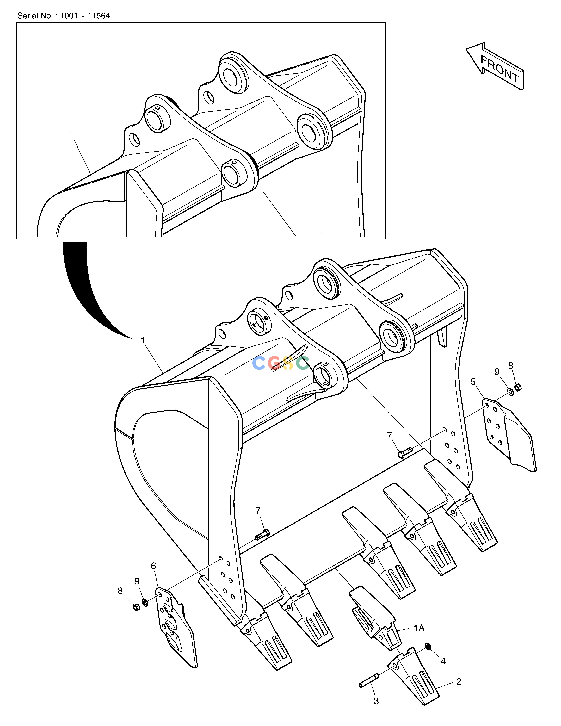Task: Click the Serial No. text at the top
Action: [64, 16]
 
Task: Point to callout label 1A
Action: [419, 628]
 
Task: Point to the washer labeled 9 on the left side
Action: [145, 602]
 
